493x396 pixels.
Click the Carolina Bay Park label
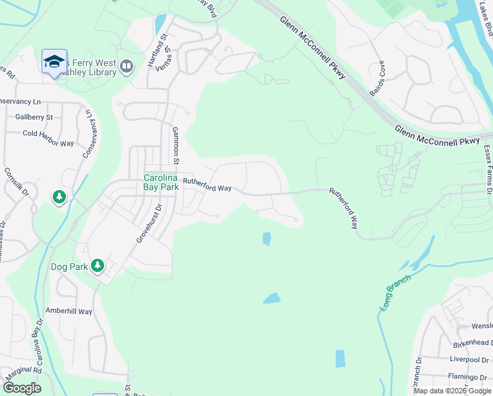[161, 183]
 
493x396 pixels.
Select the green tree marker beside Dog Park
[98, 265]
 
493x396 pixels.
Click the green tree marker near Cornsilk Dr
[59, 197]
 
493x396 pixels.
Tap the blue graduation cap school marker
[54, 61]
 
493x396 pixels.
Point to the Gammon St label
[176, 145]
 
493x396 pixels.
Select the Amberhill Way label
[69, 311]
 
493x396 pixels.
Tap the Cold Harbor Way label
[48, 143]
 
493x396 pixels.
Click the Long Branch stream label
[395, 292]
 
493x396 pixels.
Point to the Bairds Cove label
[378, 79]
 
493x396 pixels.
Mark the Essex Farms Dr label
[488, 170]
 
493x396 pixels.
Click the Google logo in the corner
[22, 388]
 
